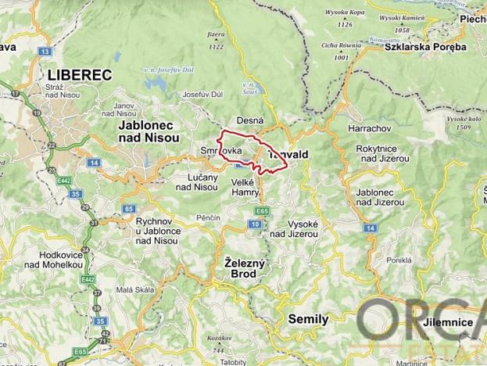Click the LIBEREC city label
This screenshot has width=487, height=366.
(80, 74)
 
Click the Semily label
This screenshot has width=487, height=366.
(308, 319)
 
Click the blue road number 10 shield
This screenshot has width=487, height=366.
(255, 225)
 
